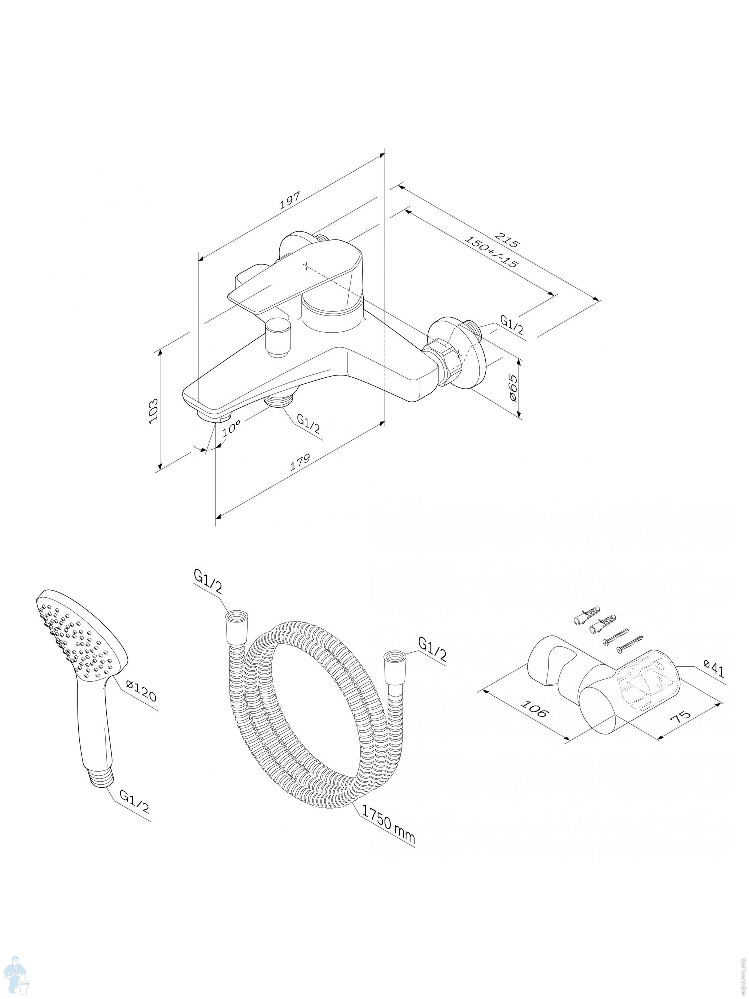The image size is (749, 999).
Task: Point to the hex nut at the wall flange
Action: (448, 357)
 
